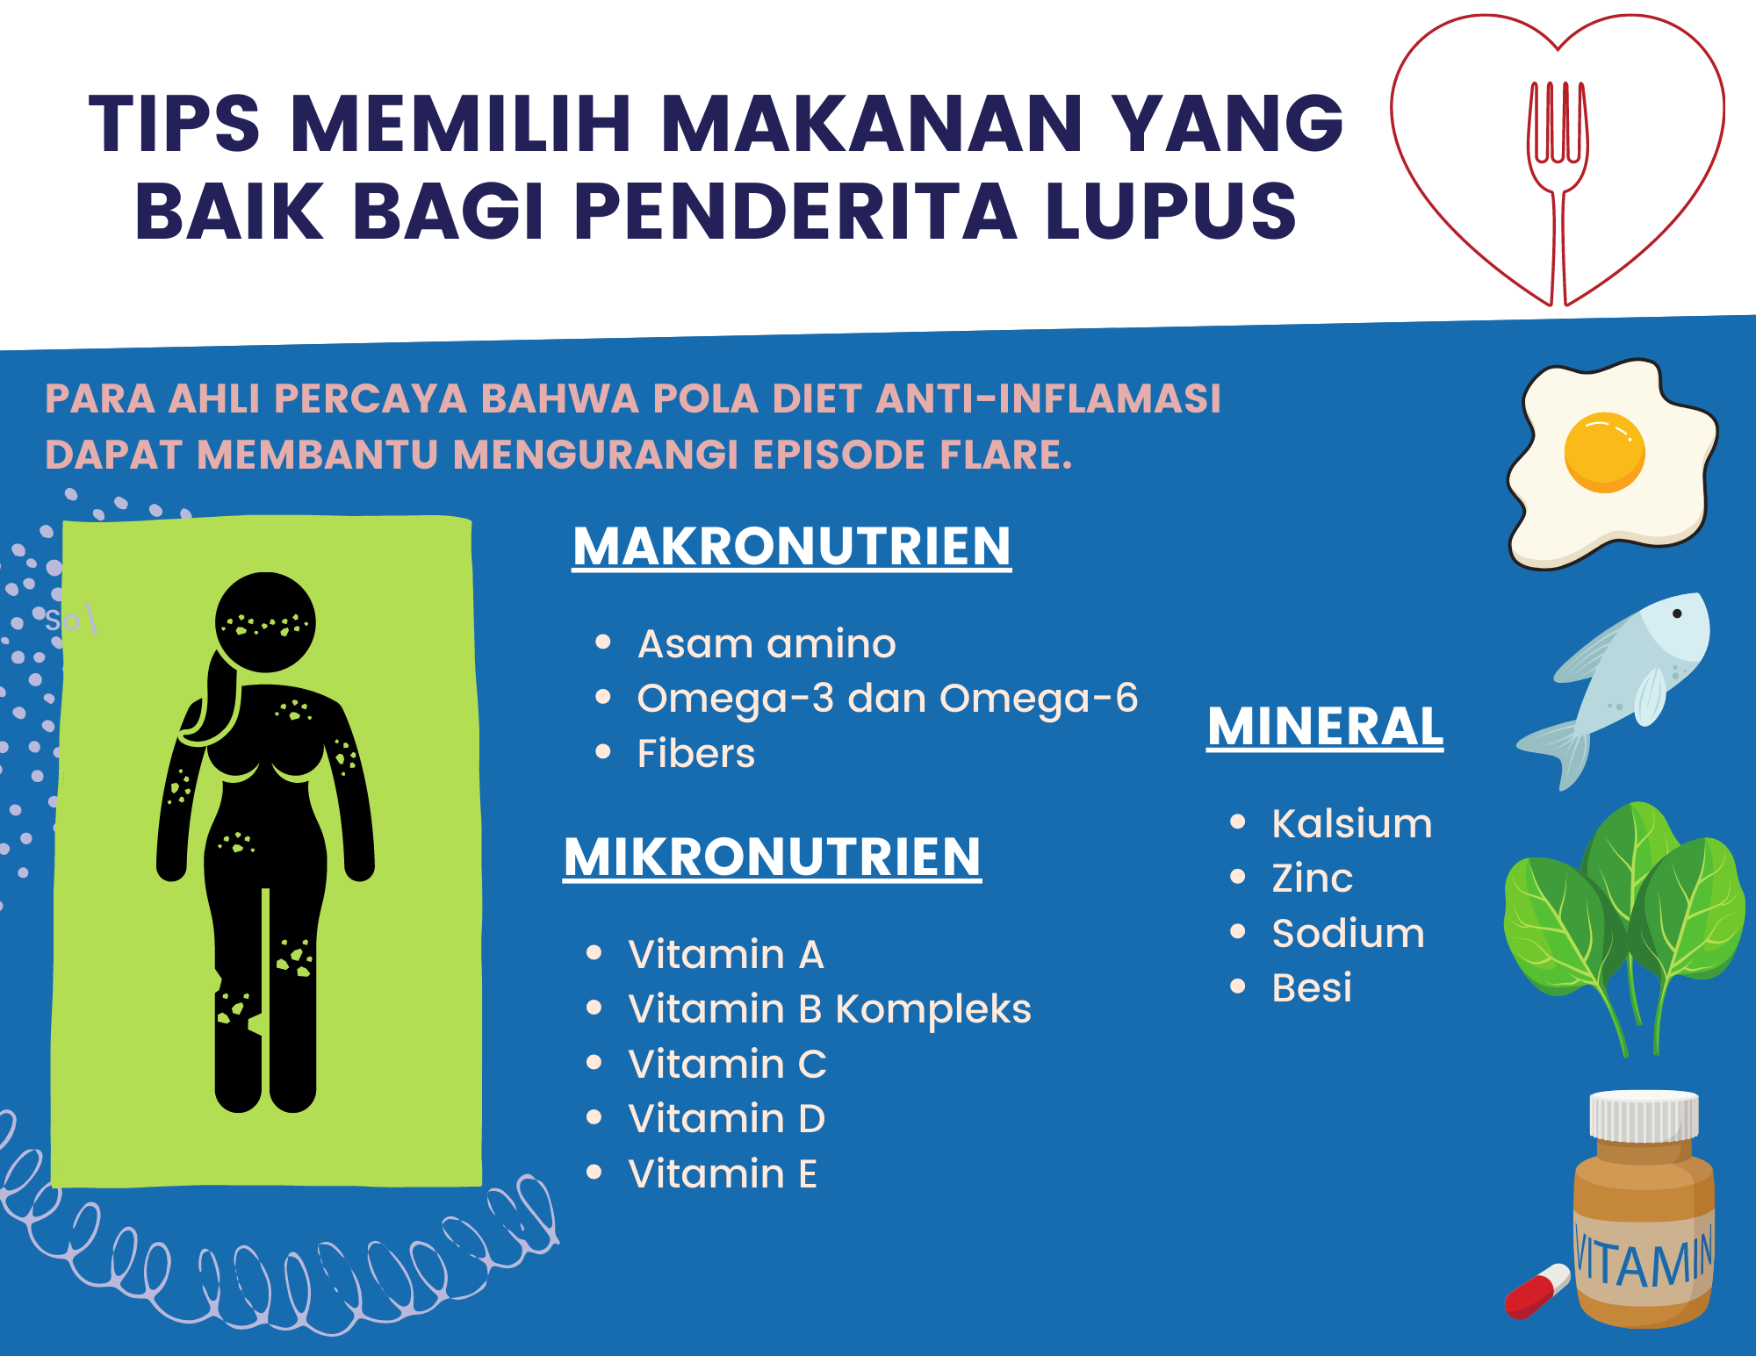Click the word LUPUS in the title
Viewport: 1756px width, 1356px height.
[x=1170, y=211]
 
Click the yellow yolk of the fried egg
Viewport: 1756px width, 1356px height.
[x=1604, y=452]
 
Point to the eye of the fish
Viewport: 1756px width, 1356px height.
[x=1677, y=613]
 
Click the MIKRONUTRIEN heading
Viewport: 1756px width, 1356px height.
[x=773, y=857]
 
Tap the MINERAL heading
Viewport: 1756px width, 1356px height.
[x=1325, y=727]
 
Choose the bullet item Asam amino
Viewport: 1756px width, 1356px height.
[x=766, y=643]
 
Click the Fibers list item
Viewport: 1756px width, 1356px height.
[x=695, y=753]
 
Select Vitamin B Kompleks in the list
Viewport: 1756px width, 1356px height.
[x=830, y=1009]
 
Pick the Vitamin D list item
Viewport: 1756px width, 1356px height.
[x=727, y=1118]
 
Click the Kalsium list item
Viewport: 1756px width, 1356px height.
[x=1352, y=823]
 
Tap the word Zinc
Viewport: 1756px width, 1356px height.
[x=1313, y=878]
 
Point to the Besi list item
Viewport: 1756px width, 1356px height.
[x=1312, y=987]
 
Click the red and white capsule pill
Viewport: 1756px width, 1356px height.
[x=1537, y=1291]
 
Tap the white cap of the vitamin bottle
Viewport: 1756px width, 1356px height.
[x=1644, y=1116]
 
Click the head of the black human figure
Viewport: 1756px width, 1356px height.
[x=265, y=622]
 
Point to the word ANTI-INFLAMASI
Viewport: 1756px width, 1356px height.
[x=1048, y=398]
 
